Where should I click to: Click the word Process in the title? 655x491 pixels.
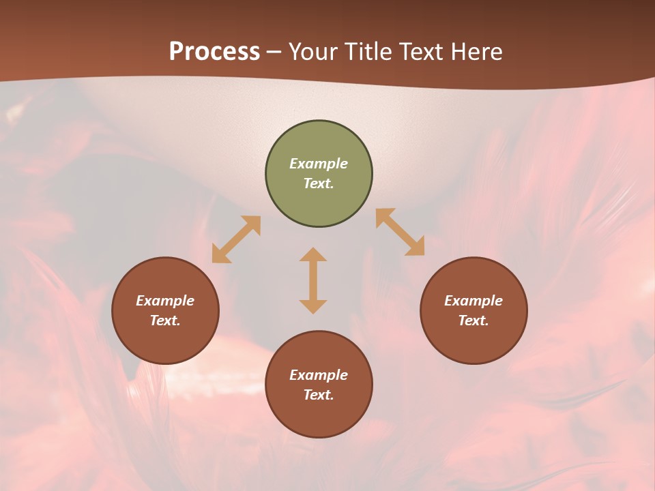point(214,52)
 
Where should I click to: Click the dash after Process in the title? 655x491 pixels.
point(274,53)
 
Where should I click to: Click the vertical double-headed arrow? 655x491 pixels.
point(313,280)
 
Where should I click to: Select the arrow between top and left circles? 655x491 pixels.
point(236,239)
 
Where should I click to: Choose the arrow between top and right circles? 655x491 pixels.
point(400,232)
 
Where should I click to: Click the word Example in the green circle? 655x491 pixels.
point(319,164)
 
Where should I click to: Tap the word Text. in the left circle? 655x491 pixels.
point(165,321)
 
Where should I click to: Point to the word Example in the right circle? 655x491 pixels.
point(474,301)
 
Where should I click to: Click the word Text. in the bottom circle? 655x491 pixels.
point(319,395)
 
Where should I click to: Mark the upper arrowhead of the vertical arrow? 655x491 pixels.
point(313,255)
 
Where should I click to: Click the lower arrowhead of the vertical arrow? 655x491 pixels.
point(313,306)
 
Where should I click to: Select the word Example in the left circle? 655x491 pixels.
point(165,301)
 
